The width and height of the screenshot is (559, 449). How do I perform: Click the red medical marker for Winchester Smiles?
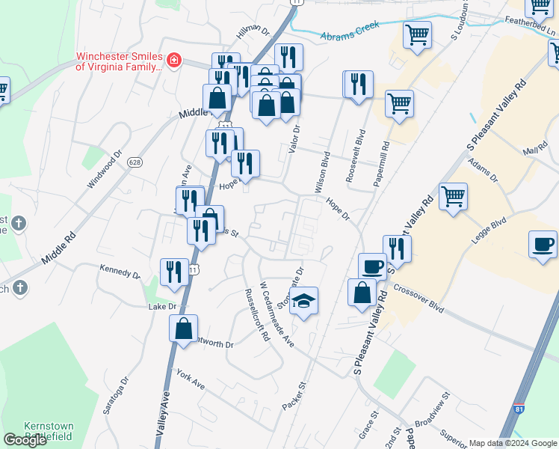point(174,59)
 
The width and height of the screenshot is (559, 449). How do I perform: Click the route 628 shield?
point(135,162)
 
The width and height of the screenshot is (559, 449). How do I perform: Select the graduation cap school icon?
point(303,302)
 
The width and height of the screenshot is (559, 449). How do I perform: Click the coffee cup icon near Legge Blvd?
point(542,245)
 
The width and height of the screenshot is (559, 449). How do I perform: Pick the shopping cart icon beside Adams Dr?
point(453,198)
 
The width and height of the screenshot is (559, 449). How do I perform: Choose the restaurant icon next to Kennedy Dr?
point(174,272)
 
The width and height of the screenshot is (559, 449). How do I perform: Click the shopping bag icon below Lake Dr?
point(184,329)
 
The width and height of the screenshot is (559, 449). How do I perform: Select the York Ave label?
point(191,379)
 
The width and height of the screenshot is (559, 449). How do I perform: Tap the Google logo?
point(25,440)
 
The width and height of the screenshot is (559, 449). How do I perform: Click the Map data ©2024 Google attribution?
point(512,443)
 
